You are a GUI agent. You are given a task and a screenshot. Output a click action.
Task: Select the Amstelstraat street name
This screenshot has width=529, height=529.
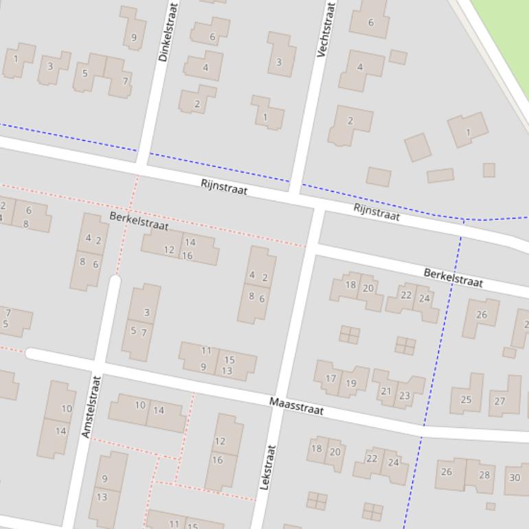tap(91, 406)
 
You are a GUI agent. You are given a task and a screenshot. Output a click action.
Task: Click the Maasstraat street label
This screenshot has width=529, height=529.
tap(296, 406)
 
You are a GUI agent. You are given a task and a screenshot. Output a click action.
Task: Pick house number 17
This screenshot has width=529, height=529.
tap(330, 379)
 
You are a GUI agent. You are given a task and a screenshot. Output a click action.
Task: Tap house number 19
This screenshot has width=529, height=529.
tap(351, 383)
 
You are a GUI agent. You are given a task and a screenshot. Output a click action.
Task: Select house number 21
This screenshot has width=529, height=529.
tap(385, 391)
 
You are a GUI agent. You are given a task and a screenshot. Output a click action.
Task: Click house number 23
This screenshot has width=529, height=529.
tap(405, 396)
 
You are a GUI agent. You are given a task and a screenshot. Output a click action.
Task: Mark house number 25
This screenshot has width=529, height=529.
tap(466, 399)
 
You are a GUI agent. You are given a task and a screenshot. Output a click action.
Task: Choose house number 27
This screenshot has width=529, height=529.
tap(499, 401)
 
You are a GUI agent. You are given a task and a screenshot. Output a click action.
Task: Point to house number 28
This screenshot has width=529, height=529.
tap(484, 475)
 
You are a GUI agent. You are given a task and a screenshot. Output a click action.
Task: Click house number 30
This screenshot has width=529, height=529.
tap(515, 477)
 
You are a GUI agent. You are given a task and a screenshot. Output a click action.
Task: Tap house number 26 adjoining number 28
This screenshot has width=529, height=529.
tap(447, 471)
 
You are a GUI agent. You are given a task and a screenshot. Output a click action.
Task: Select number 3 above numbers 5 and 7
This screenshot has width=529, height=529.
tap(146, 313)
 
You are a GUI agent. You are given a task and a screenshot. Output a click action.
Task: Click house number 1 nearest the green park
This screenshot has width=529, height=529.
tap(468, 132)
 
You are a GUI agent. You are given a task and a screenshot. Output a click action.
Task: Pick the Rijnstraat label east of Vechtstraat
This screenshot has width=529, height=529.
tap(376, 212)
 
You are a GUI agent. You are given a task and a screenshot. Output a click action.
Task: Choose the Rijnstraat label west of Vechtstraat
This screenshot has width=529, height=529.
tap(224, 187)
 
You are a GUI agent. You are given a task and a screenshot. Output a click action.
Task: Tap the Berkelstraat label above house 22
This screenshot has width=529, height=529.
tap(453, 278)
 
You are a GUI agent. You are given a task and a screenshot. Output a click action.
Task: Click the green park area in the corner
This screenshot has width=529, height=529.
tap(505, 27)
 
